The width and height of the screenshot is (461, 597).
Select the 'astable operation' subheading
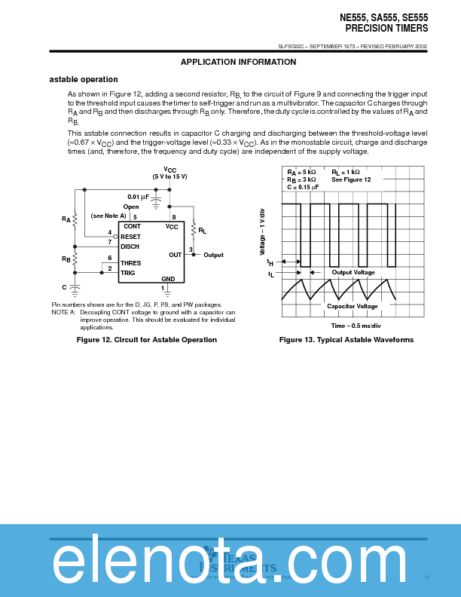84,79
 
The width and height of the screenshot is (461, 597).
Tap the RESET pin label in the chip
130,237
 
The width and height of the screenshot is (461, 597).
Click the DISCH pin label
130,246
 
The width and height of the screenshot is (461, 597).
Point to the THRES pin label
130,263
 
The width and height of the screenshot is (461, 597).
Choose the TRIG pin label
128,272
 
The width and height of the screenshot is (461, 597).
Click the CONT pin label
132,226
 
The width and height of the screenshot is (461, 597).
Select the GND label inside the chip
168,279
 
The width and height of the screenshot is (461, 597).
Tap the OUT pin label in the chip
176,255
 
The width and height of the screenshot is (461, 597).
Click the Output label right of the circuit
213,255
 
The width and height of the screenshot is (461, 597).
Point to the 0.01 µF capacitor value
139,197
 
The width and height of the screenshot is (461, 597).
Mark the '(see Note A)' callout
108,216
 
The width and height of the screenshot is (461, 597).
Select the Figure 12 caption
147,340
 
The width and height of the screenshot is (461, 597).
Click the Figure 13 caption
347,340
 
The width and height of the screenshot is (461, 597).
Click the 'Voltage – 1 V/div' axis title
263,230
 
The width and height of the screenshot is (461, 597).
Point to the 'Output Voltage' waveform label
353,272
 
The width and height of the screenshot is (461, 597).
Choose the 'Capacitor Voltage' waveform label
353,306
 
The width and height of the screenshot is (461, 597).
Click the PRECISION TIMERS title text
386,28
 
